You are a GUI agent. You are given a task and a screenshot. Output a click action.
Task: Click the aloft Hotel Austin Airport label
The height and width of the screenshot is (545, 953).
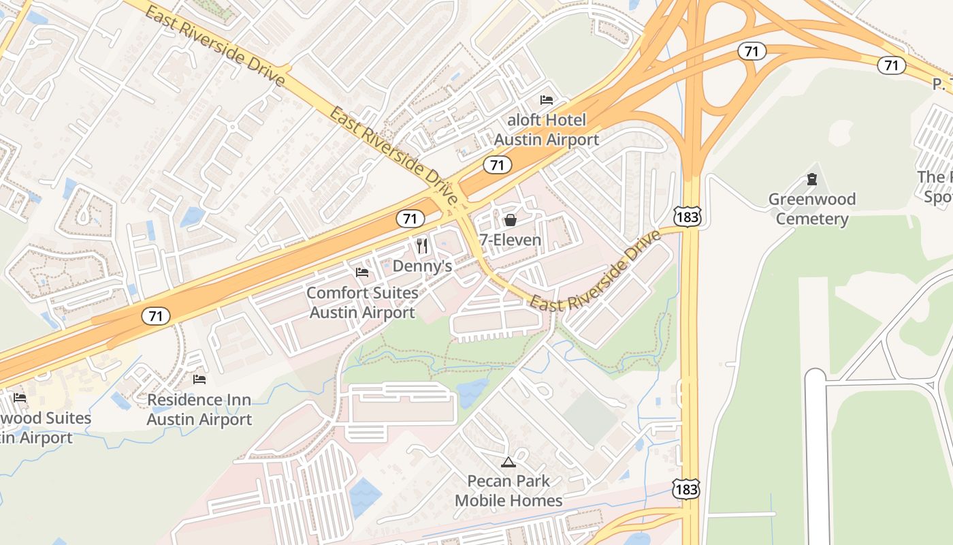[x=546, y=130]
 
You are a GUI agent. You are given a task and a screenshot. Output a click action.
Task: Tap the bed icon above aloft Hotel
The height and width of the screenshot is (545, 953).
[x=546, y=100]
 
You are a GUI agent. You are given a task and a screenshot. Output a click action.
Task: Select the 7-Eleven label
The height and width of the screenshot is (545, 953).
[x=510, y=240]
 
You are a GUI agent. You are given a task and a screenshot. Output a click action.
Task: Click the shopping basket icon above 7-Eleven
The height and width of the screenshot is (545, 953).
[x=510, y=220]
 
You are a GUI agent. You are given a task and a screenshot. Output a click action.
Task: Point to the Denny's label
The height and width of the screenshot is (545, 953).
[x=422, y=266]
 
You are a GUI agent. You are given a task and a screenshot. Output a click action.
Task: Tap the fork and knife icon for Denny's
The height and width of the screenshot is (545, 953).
[x=422, y=245]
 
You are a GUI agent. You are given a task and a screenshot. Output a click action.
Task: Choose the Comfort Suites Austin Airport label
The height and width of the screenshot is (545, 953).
[x=362, y=302]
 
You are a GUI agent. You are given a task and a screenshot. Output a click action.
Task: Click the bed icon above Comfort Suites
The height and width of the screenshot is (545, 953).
[x=362, y=272]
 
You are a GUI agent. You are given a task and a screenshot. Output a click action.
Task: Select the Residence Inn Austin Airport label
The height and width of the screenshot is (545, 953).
[x=199, y=409]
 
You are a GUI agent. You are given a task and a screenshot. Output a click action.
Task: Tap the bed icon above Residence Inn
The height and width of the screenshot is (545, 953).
[x=199, y=379]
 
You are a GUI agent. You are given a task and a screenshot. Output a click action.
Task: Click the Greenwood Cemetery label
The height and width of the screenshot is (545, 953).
[x=811, y=209]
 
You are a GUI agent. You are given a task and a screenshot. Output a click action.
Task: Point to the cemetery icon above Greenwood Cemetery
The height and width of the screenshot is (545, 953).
[x=811, y=180]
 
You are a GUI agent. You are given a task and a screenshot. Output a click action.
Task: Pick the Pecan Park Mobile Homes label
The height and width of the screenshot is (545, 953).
[x=508, y=490]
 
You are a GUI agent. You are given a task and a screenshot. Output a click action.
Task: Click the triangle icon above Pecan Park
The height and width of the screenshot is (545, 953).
[x=508, y=463]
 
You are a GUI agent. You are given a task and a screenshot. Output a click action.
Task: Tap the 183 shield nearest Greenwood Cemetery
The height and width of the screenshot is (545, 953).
[x=687, y=217]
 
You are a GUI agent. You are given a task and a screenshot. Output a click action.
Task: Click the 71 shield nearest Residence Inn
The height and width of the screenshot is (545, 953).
[x=156, y=316]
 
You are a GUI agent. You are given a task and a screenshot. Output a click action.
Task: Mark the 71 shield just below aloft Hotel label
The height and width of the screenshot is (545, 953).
[x=498, y=165]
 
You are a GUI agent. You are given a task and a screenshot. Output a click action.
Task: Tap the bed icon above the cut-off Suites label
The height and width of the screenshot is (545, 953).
[x=20, y=397]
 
